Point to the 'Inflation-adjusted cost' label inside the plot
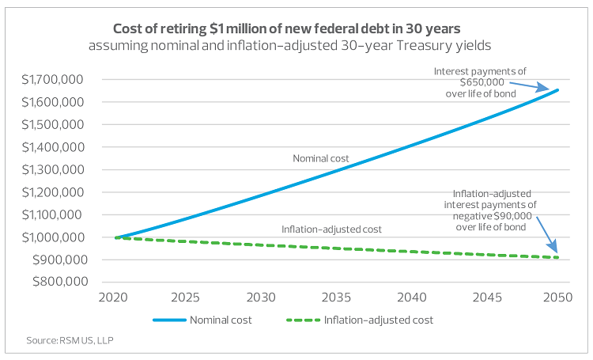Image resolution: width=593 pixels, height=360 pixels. (x=332, y=229)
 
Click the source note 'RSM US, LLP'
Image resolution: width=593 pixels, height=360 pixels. (x=58, y=341)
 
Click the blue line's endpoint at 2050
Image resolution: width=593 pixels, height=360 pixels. (x=557, y=90)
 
